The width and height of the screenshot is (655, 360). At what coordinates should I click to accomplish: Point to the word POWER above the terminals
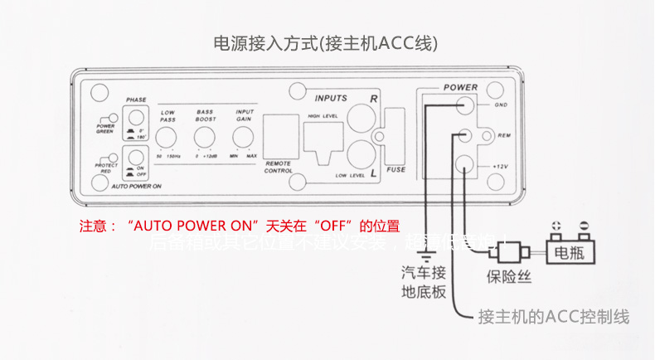click(x=460, y=87)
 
